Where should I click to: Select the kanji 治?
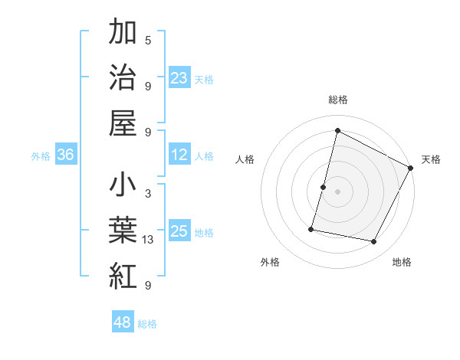tap(123, 78)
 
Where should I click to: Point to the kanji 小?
tap(123, 186)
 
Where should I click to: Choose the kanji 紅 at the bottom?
tap(123, 276)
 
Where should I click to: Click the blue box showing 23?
tap(179, 78)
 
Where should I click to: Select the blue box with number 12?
tap(179, 155)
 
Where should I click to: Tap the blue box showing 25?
tap(179, 232)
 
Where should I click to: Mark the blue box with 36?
tap(66, 155)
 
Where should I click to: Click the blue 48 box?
tap(123, 322)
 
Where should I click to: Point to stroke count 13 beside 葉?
tap(148, 241)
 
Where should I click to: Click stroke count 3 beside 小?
tap(148, 195)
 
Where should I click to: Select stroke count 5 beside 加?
tap(148, 41)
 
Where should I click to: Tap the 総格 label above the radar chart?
tap(338, 100)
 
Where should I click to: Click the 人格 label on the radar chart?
tap(245, 159)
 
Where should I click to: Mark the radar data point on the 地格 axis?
tap(374, 242)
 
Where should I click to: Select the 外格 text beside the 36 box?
tap(41, 156)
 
